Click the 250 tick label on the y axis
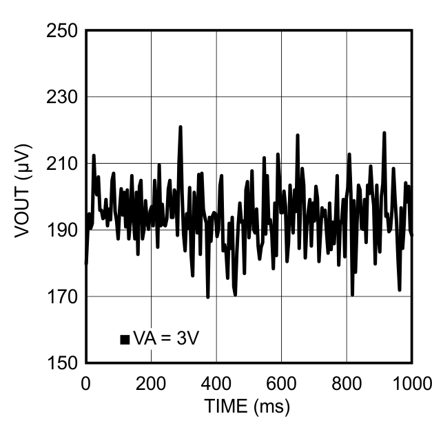[61, 31]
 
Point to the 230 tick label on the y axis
[61, 98]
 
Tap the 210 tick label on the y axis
[61, 164]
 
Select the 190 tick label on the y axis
[61, 230]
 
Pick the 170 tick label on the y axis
[61, 296]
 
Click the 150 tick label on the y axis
[61, 362]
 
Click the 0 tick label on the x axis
[86, 382]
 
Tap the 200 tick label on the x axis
[151, 382]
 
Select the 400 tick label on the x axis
[216, 382]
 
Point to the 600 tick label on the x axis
[281, 382]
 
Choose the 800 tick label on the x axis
[347, 382]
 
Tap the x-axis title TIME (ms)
[247, 406]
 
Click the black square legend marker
[125, 338]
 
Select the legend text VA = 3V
[166, 338]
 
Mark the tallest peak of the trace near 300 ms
[181, 127]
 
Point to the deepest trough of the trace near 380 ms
[207, 297]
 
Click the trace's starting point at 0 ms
[86, 263]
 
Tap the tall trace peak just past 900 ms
[384, 132]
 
